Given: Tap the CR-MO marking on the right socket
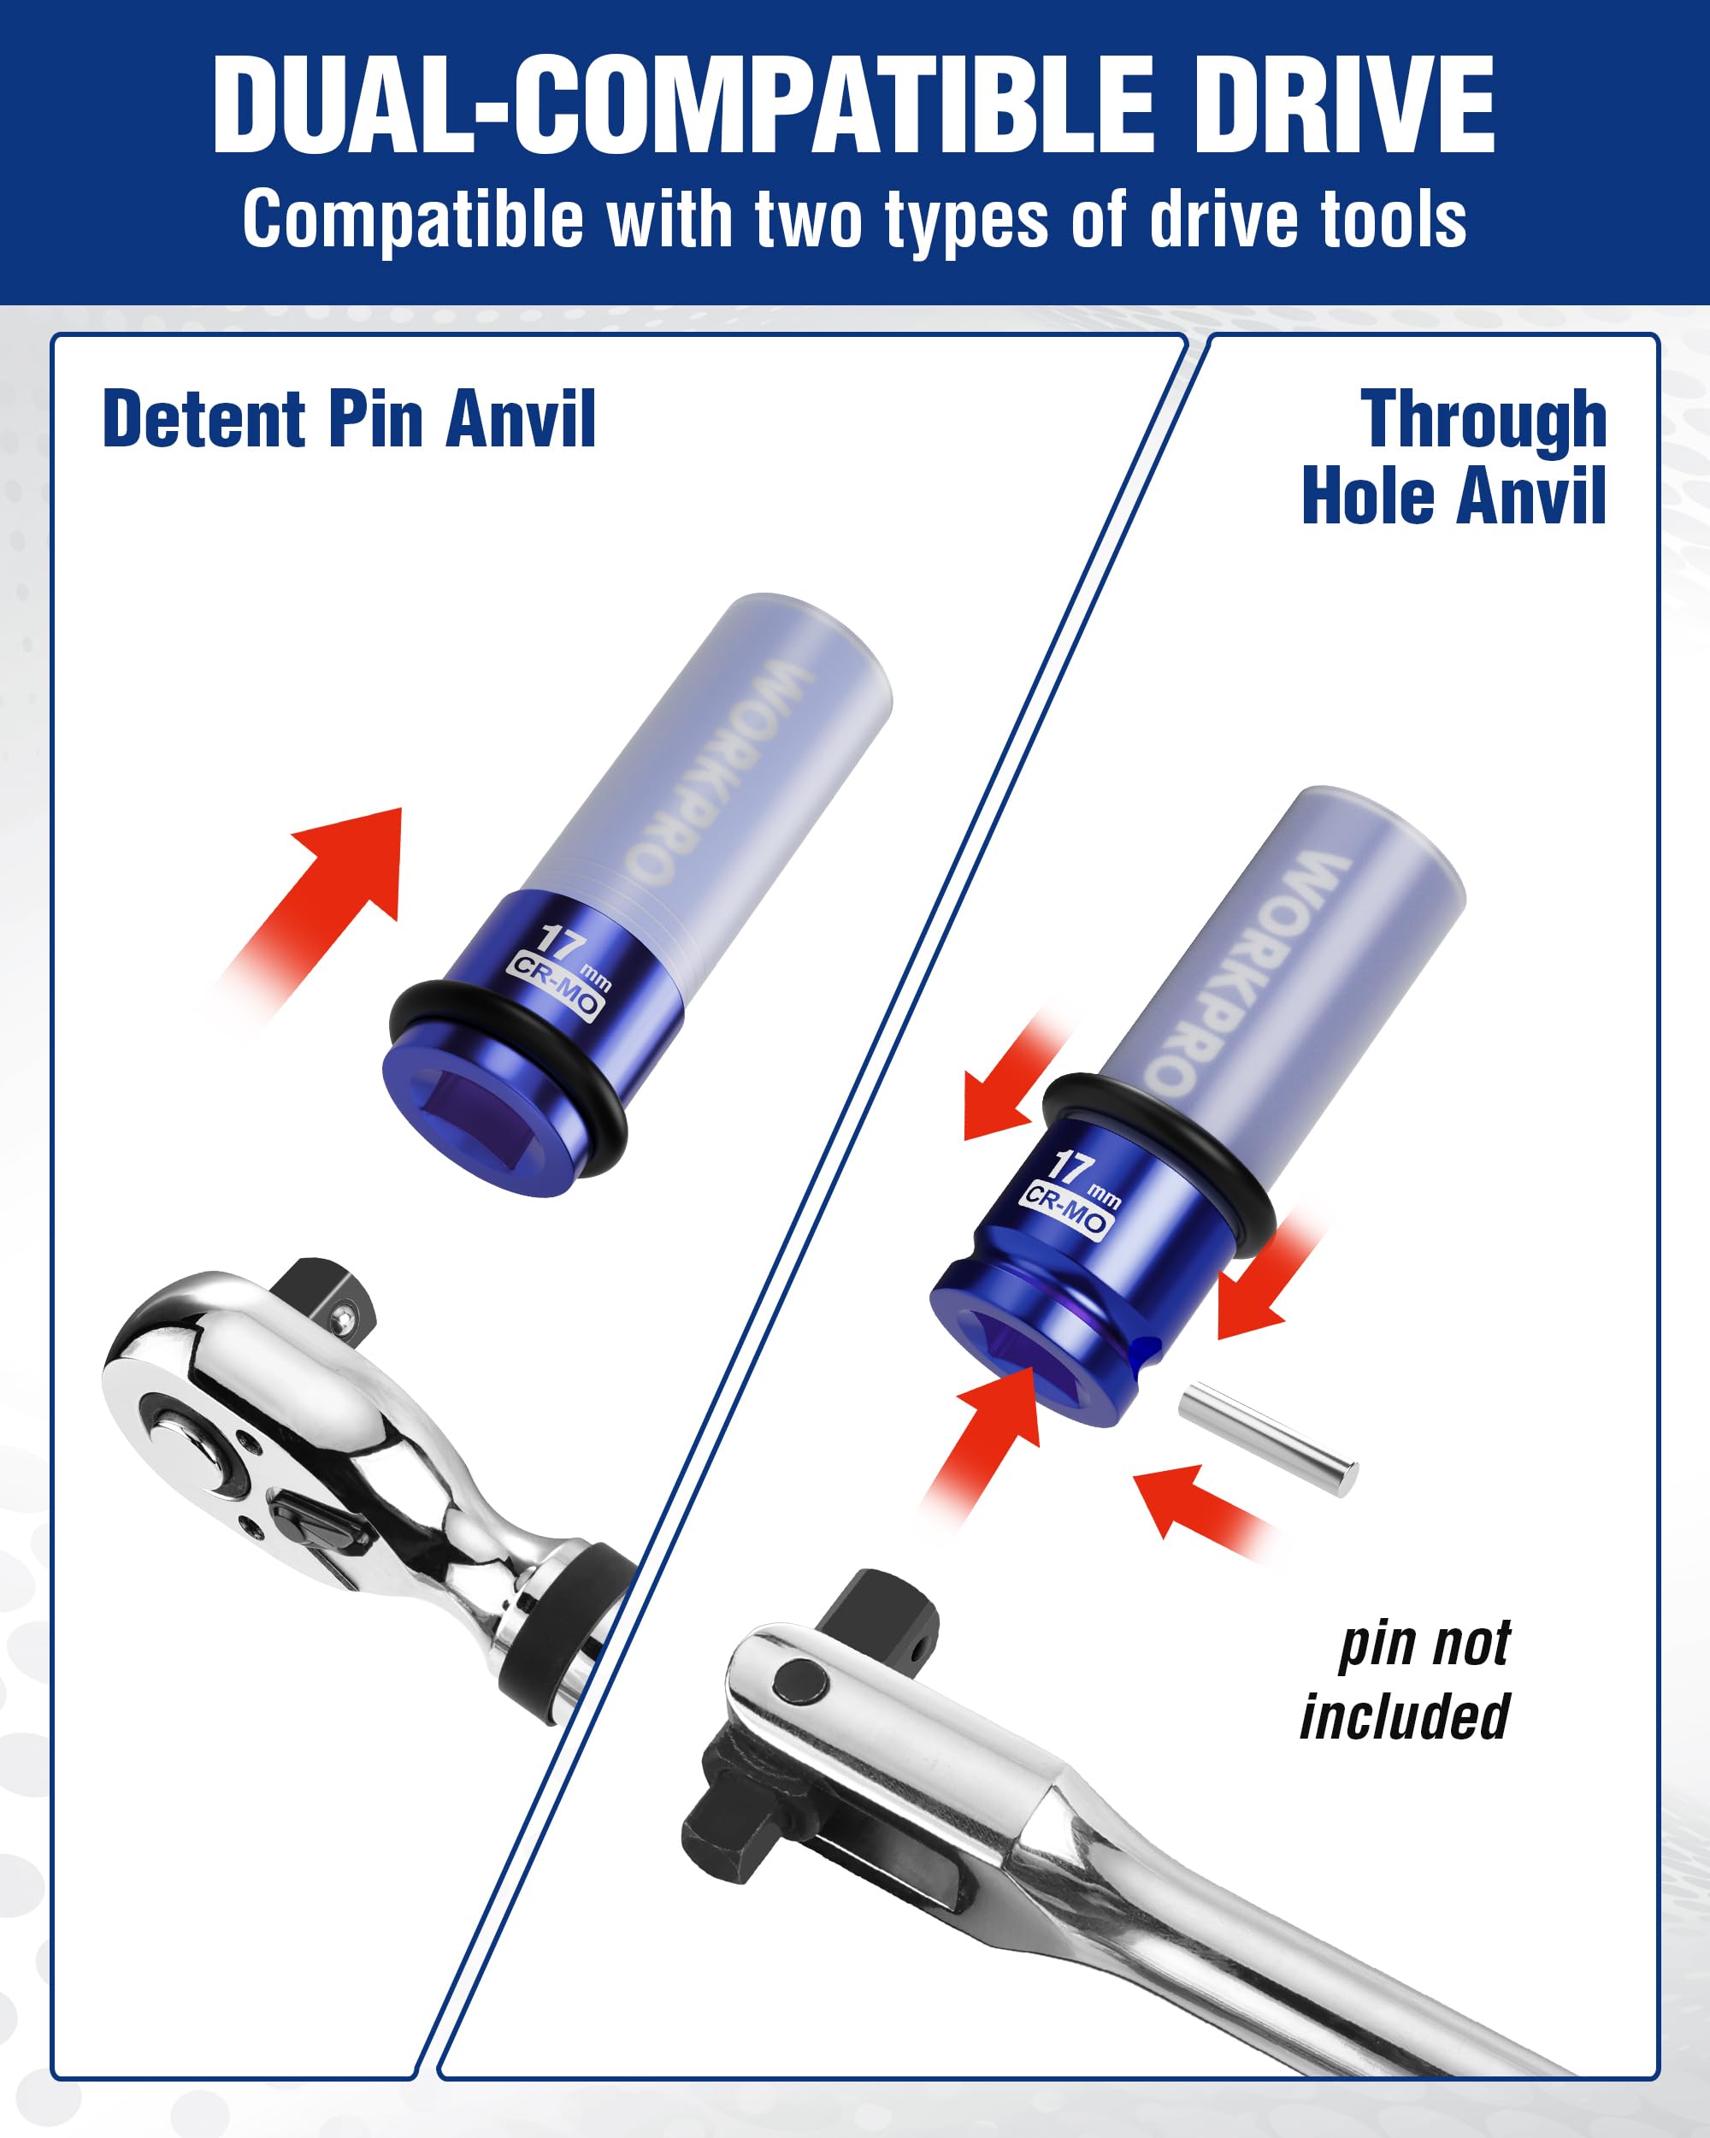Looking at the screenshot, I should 1065,1211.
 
